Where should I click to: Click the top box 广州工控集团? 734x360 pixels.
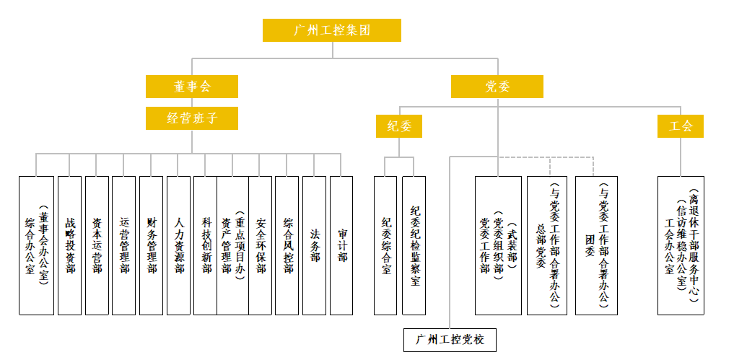(x=332, y=30)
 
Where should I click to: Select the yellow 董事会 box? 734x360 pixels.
(x=192, y=87)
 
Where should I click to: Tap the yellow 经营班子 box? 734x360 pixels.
(x=192, y=118)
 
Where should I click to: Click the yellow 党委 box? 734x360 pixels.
(x=497, y=87)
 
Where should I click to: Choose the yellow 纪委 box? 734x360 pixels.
(x=398, y=126)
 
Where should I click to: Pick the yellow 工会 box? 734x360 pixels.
(x=680, y=126)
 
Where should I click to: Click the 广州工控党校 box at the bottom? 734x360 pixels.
(x=450, y=339)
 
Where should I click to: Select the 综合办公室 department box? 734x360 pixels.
(x=36, y=245)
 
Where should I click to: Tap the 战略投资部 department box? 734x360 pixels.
(x=69, y=245)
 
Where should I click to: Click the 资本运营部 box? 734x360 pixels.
(x=97, y=245)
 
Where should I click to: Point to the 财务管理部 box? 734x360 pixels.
(x=151, y=245)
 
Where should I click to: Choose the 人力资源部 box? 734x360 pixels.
(x=178, y=245)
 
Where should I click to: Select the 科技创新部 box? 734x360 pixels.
(x=206, y=245)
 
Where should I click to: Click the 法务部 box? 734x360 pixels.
(x=314, y=245)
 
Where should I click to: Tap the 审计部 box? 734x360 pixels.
(x=341, y=245)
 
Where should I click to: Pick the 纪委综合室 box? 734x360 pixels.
(x=385, y=245)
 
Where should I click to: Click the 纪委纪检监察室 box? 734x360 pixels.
(x=414, y=245)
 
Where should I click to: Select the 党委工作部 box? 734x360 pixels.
(x=498, y=245)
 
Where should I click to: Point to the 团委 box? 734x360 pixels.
(x=596, y=245)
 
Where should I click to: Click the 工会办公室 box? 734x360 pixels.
(x=681, y=245)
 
